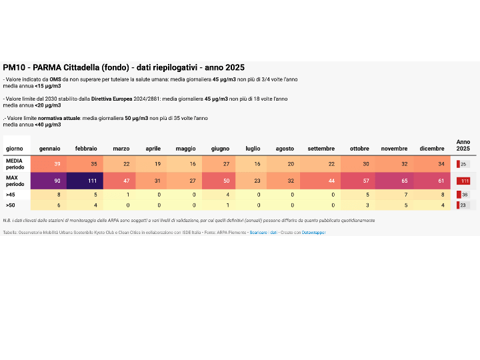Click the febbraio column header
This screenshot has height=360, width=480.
click(86, 148)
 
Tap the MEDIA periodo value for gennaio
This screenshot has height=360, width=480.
click(57, 164)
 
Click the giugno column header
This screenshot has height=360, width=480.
click(220, 148)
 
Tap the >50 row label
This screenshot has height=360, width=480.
click(10, 205)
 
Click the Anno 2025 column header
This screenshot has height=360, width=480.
click(463, 145)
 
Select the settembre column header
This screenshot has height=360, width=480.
click(321, 148)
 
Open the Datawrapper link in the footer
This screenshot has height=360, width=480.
click(313, 232)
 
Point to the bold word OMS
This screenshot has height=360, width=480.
click(55, 79)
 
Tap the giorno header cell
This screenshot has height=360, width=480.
click(14, 148)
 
